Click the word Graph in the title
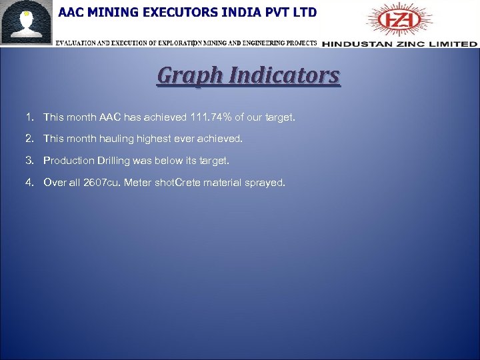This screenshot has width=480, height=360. [x=187, y=76]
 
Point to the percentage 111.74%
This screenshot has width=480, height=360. [x=211, y=117]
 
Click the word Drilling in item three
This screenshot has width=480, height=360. [x=115, y=161]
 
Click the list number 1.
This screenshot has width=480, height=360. [x=29, y=117]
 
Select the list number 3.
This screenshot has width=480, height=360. [x=29, y=161]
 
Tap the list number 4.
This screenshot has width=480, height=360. [x=29, y=182]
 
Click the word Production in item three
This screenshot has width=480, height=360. [x=69, y=161]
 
